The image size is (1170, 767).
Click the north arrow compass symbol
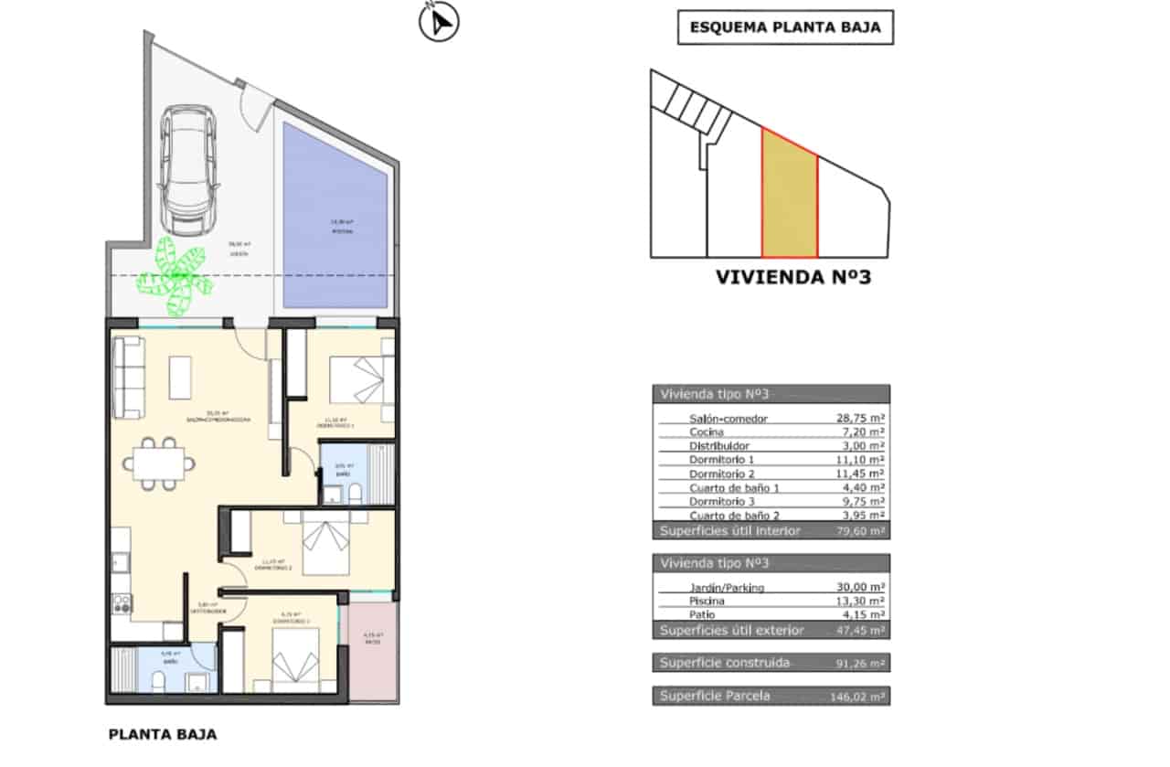coord(439,23)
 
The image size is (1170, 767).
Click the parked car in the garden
coord(189,170)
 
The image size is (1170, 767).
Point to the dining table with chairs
coord(160,464)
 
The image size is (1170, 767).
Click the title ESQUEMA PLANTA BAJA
coord(785,27)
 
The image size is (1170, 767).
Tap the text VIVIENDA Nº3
coord(792,277)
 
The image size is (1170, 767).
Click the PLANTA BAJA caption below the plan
coord(163,734)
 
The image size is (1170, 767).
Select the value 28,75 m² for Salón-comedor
coord(859,419)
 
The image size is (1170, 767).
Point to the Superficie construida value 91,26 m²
coord(859,663)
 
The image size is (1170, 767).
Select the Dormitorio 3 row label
coord(722,502)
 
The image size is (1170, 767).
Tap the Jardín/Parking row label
coord(727,588)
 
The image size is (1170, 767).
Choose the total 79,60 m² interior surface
coord(859,531)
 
